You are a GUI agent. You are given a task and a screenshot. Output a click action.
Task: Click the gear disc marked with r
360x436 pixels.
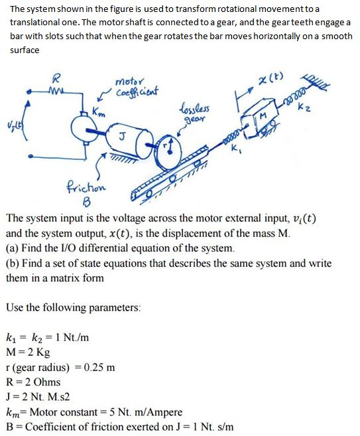pyautogui.click(x=171, y=143)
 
